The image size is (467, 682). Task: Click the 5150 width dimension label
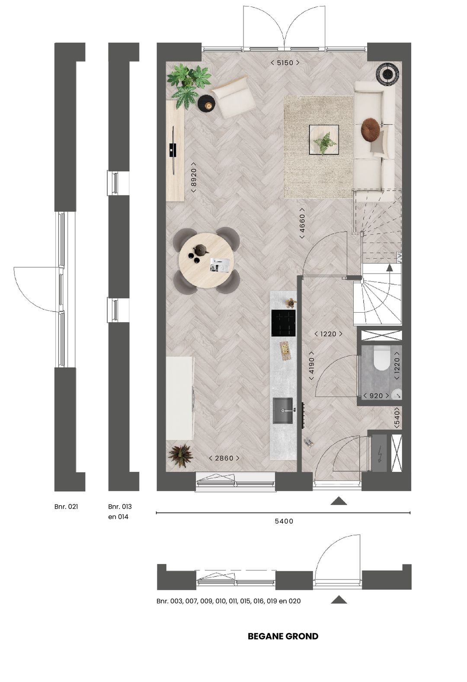pos(285,63)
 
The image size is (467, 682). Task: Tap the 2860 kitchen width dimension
pos(224,458)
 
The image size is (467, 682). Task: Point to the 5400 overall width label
pos(284,521)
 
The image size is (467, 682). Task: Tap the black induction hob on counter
pos(283,323)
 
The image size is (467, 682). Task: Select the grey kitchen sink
pos(283,411)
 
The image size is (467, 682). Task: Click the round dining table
pos(206,261)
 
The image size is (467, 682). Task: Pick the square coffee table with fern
pos(323,140)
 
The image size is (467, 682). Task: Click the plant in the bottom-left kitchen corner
pos(180,455)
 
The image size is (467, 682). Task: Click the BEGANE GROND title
pos(283,636)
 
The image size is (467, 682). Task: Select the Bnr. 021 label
pos(66,506)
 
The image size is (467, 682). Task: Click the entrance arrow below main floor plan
pos(339,501)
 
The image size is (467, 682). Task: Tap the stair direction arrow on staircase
pos(389,267)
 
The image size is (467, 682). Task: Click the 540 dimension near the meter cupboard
pos(397,418)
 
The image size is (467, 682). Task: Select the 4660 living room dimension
pos(302,224)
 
